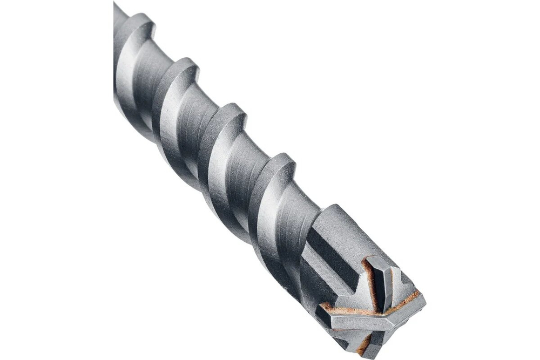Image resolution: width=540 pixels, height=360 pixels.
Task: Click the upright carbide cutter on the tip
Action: (x=381, y=281)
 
